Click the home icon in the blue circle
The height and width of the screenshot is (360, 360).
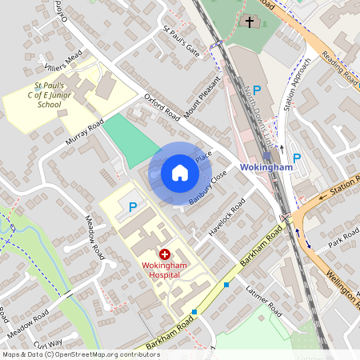tap(179, 173)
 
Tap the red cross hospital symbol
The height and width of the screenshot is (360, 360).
tap(164, 252)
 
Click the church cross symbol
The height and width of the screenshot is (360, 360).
tap(250, 22)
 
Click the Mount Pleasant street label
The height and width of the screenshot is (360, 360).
tap(202, 97)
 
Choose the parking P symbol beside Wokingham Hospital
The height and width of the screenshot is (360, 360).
tap(133, 206)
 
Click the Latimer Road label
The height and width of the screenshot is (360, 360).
tap(264, 298)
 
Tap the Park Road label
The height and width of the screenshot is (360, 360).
tap(345, 238)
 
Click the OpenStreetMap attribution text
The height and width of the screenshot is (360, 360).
tap(81, 354)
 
